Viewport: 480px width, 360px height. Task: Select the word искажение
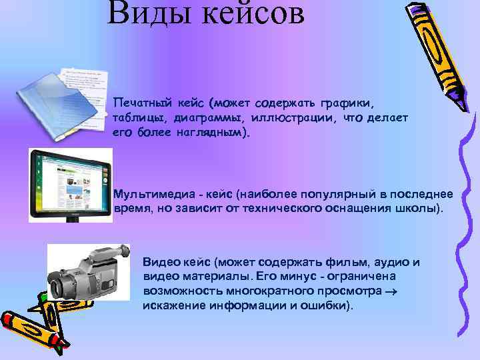click(172, 305)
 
